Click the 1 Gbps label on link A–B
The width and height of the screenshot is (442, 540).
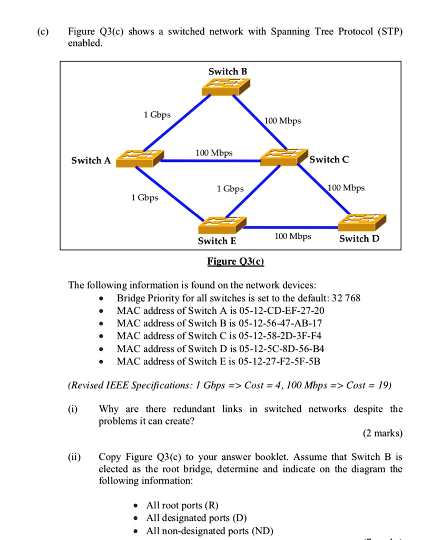click(x=157, y=114)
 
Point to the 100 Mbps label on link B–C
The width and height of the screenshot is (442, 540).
click(x=283, y=121)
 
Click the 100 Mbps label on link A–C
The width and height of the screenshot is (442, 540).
click(x=214, y=153)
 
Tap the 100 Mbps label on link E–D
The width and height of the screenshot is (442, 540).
click(x=293, y=236)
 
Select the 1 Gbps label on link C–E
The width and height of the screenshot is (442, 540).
click(x=230, y=189)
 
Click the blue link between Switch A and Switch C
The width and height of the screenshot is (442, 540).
click(x=211, y=161)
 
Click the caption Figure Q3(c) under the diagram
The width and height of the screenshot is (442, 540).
click(x=235, y=262)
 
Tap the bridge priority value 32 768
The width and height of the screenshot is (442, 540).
click(x=342, y=298)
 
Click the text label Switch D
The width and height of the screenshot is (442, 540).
click(x=359, y=239)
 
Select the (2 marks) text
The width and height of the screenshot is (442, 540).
click(x=382, y=433)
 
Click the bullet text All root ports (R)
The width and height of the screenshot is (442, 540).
click(x=182, y=505)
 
